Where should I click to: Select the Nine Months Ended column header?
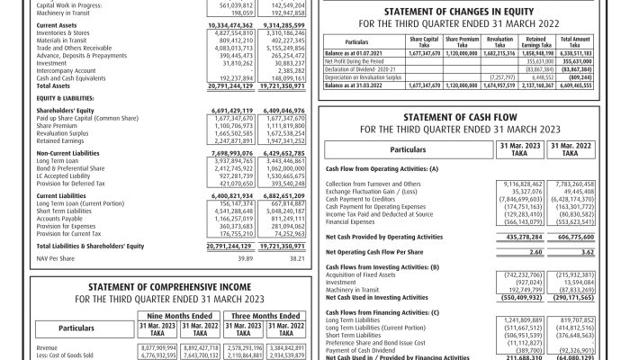[x=184, y=316]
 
